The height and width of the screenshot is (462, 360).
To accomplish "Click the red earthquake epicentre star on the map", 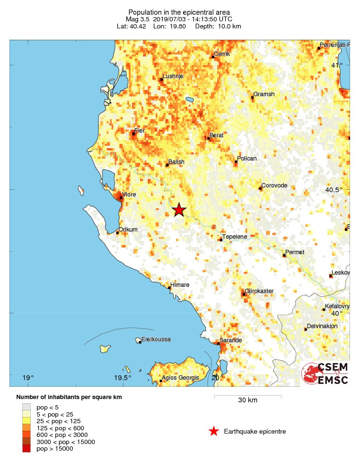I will point(179,210).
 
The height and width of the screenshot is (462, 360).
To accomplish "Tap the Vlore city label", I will point(130,194).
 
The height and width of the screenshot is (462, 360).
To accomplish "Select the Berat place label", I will point(216,135).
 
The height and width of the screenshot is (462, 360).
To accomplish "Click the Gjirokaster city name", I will point(259,291).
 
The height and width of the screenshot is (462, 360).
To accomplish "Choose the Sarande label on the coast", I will point(231,340).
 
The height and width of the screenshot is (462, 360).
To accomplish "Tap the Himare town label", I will point(181,285).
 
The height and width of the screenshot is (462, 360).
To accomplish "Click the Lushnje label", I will point(173,76).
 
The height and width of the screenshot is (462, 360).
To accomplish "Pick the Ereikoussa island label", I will point(156,339).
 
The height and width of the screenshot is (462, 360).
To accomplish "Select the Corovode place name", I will point(274,186).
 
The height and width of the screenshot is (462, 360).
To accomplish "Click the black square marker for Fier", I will point(133,133).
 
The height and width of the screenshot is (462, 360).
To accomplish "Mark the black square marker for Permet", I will point(284,256).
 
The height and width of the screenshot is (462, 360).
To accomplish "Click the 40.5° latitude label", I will point(334,190).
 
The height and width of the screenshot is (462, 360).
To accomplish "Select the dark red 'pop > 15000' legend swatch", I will point(26,449).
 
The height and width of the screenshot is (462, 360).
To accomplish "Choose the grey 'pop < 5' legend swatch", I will point(26,407).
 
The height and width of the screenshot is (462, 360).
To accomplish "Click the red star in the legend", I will point(214,431).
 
